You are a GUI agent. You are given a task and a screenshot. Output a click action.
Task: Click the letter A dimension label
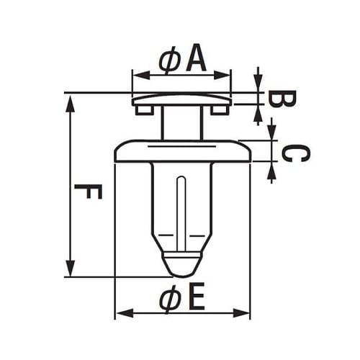197,58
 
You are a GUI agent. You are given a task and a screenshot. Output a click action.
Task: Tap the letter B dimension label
282,99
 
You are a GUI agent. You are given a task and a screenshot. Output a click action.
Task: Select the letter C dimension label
295,153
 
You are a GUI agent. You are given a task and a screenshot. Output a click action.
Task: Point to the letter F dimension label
89,192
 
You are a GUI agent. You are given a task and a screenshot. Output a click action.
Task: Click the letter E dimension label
197,296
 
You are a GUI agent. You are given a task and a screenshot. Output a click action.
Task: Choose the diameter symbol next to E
171,299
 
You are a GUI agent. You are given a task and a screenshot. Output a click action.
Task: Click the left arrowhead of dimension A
141,75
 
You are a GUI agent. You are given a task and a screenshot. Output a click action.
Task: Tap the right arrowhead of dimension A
222,75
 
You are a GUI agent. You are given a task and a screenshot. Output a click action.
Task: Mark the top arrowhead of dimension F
71,104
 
